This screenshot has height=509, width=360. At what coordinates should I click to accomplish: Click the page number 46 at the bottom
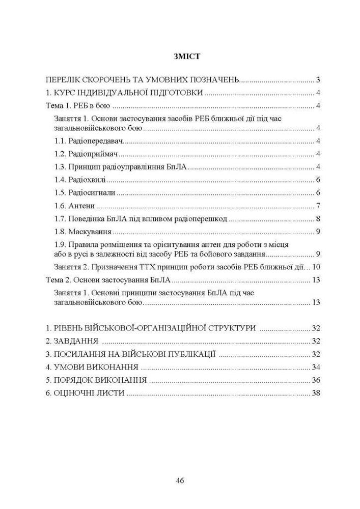pos(180,480)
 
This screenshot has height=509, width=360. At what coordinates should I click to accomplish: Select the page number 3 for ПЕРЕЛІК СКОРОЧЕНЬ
pos(317,80)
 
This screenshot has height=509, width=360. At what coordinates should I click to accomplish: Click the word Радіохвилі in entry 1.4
pos(88,180)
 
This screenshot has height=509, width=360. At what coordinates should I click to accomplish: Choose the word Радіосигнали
pos(92,193)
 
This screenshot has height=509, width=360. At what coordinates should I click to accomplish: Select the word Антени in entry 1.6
pos(82,206)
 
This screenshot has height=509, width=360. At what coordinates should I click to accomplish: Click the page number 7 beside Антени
pos(317,206)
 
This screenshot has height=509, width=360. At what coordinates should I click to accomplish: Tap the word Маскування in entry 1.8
pos(90,232)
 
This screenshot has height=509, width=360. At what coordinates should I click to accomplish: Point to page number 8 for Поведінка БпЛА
pos(317,219)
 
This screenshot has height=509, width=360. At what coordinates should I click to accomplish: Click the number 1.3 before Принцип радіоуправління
pos(61,167)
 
